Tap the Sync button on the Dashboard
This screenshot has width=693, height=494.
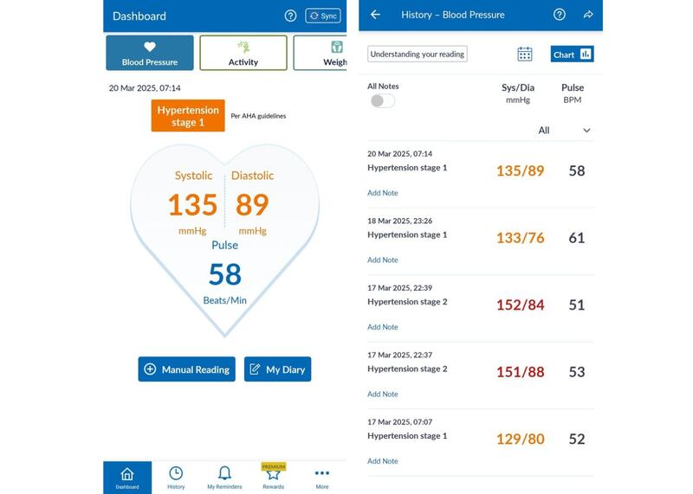click(x=323, y=16)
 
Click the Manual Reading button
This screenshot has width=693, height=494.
click(x=186, y=369)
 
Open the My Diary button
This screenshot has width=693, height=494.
click(x=277, y=369)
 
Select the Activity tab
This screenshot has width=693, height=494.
click(x=243, y=53)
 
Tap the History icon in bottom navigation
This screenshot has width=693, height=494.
click(x=176, y=477)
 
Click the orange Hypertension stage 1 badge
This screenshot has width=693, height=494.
click(x=188, y=116)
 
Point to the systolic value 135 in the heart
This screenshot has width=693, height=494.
click(x=192, y=205)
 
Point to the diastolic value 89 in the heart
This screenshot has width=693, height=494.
click(x=252, y=205)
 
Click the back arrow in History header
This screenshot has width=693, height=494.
click(x=375, y=15)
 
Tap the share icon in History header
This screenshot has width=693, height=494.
click(x=588, y=15)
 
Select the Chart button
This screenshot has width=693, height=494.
click(x=572, y=55)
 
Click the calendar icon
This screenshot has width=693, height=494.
click(x=525, y=55)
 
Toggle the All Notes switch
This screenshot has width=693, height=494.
click(x=382, y=101)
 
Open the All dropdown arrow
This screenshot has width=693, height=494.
click(x=586, y=131)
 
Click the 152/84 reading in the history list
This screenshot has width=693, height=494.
click(x=520, y=305)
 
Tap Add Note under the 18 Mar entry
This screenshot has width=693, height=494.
click(x=382, y=260)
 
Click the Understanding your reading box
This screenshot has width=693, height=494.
click(x=418, y=55)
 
